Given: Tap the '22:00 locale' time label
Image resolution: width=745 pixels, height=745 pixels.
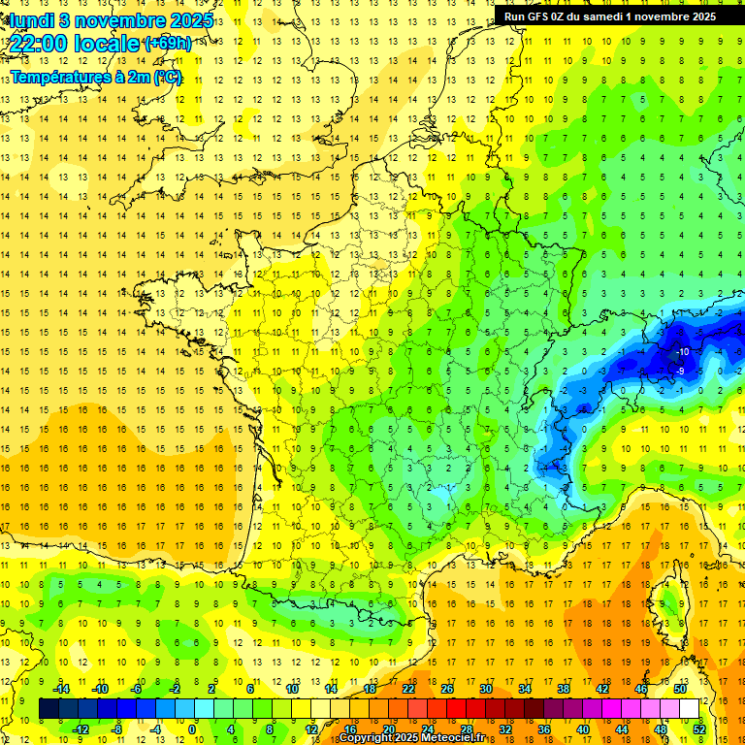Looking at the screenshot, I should pos(75,44).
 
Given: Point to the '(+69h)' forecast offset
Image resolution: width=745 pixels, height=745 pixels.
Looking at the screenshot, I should pos(167,44).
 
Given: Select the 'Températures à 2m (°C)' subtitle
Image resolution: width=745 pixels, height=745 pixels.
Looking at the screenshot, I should pos(96,77).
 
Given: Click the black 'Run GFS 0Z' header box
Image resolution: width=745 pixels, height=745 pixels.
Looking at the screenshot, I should pos(610,16).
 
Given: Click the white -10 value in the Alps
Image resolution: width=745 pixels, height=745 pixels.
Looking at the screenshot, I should pos(683,351).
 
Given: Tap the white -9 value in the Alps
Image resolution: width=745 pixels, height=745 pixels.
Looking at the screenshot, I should pos(681,371).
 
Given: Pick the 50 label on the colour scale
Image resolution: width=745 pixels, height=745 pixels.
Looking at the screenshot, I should pos(680,689).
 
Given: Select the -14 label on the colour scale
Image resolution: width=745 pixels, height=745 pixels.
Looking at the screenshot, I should pos(61,689).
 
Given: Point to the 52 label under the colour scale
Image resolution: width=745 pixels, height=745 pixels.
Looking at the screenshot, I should pos(698,729).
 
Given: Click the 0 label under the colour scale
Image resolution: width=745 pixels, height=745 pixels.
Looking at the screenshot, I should pos(192,729).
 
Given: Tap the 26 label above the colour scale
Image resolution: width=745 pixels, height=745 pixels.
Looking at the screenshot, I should pos(446,689).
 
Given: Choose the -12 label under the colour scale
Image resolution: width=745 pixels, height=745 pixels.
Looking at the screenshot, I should pos(81,729).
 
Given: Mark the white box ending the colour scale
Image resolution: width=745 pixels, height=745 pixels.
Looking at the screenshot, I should pos(689,709).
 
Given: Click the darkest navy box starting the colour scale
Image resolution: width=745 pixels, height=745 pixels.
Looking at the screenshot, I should pos(49,709).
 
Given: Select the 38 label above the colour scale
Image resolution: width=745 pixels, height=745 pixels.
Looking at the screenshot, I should pos(563,689).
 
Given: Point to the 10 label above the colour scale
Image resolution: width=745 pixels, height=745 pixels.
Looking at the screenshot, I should pos(291,689).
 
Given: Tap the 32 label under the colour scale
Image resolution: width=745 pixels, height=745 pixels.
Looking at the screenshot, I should pos(504,729).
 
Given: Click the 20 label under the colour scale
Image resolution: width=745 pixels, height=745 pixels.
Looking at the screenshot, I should pos(388,729).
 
